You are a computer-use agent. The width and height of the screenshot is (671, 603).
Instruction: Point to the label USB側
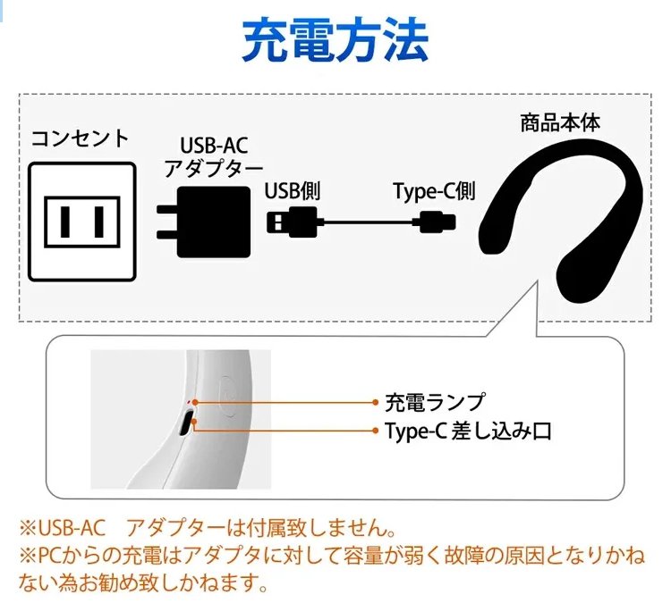pos(293,191)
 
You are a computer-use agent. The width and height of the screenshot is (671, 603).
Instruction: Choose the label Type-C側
pos(434,191)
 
